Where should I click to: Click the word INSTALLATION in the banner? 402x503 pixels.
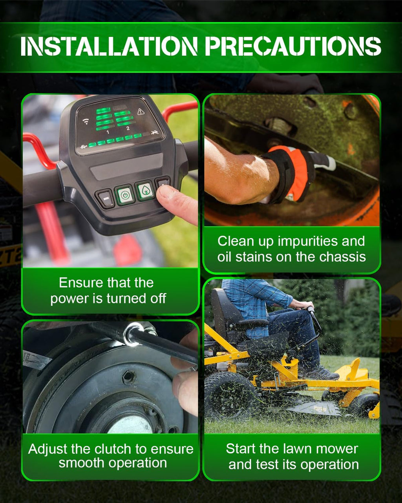point(109,46)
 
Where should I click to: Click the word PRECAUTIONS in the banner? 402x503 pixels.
point(293,46)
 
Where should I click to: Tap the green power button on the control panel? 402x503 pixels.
point(125,195)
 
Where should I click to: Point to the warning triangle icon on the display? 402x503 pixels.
point(141,112)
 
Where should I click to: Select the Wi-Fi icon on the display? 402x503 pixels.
point(86,121)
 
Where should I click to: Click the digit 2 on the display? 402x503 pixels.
point(128,129)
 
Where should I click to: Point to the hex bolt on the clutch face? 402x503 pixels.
point(129,377)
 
